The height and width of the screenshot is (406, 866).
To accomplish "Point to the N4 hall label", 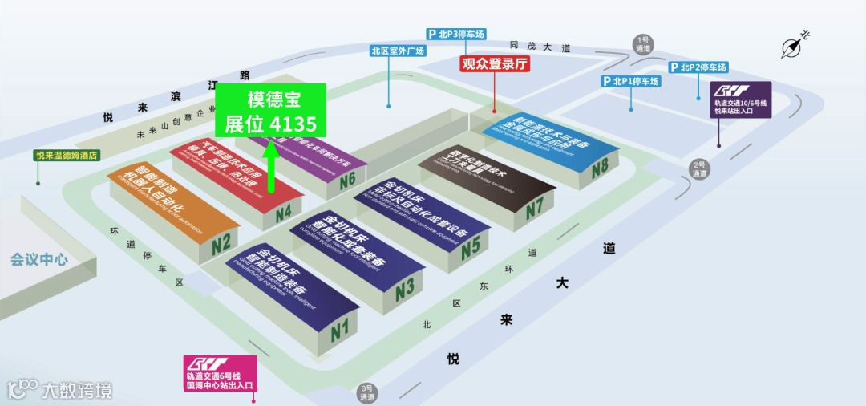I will point(283,214).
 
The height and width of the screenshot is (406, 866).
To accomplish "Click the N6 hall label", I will point(347,180).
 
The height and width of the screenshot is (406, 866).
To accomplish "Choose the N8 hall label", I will point(601,169).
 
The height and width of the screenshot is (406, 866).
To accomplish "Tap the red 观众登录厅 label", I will point(496,64).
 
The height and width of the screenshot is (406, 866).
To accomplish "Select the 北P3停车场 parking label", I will point(456,35).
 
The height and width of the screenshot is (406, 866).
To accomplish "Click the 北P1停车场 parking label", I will point(631,81).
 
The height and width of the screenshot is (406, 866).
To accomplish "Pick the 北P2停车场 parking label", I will point(698,67).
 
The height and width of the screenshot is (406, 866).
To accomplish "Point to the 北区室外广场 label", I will point(396,51).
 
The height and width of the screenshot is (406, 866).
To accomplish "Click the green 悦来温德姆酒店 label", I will point(67,156).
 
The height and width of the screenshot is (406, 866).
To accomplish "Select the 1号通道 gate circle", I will point(643,43).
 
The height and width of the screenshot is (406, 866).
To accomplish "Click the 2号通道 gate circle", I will point(699,168).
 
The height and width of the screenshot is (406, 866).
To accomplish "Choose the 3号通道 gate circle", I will point(368,392).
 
